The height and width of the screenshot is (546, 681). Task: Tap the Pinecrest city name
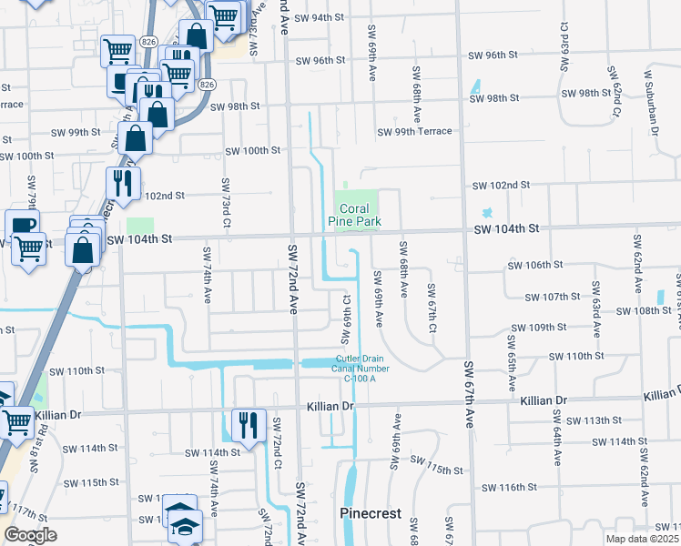[x=371, y=513]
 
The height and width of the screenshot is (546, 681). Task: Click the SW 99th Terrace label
[x=415, y=132]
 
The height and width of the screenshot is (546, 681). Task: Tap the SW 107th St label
[x=553, y=297]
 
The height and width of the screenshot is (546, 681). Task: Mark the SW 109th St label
[x=539, y=328]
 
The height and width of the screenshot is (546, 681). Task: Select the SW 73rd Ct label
[x=225, y=204]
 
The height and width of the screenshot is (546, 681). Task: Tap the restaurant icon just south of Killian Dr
[x=248, y=424]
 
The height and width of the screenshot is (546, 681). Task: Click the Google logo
[x=29, y=535]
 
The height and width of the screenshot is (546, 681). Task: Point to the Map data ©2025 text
[x=640, y=539]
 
